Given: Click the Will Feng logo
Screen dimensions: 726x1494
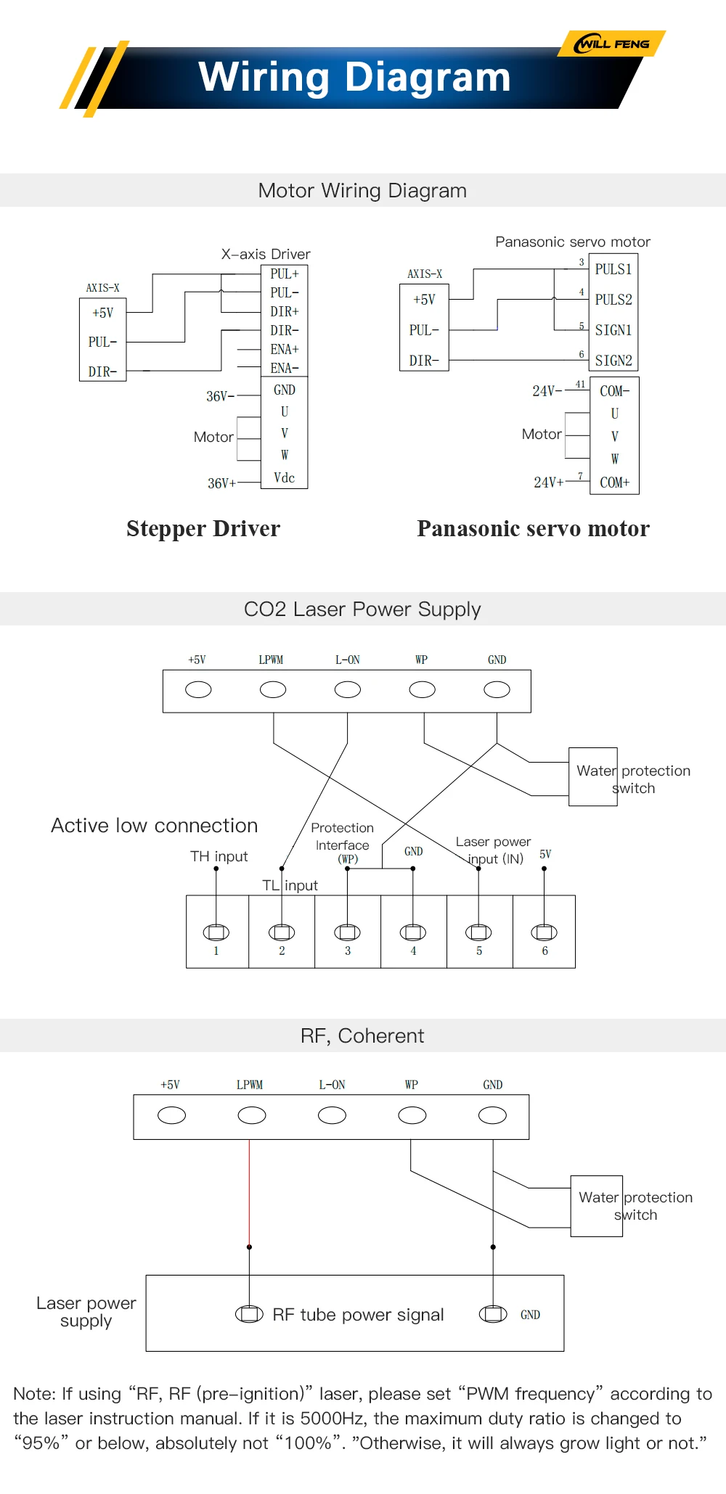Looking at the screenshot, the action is [x=611, y=44].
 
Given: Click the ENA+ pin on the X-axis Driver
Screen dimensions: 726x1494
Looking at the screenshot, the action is [x=285, y=349].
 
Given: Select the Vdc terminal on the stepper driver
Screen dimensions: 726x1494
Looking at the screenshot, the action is [x=285, y=477].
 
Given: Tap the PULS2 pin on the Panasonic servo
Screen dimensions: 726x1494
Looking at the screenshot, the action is [x=613, y=299].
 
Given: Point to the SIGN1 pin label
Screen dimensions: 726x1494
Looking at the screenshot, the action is [x=613, y=330].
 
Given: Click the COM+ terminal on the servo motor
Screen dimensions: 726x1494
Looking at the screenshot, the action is [x=614, y=482].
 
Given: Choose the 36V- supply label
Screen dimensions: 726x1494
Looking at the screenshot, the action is [x=220, y=396].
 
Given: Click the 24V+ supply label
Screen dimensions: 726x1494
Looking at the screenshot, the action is [x=548, y=482].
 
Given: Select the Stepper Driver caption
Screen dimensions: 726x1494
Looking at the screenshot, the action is [x=203, y=528].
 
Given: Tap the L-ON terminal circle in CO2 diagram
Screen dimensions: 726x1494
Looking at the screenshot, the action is [x=348, y=689].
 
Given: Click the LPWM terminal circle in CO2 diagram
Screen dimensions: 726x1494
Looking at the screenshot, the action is [x=273, y=689].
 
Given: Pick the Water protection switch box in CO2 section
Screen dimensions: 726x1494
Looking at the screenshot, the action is [x=593, y=776].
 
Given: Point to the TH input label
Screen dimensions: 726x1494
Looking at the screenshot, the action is [x=219, y=856].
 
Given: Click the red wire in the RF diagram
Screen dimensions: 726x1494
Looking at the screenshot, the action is [x=250, y=1193].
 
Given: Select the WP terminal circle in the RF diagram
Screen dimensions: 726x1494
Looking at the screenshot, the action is [x=412, y=1115].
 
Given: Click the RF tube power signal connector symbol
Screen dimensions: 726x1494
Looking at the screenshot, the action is [x=249, y=1313].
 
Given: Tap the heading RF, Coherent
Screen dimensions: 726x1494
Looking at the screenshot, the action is [x=362, y=1035].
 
